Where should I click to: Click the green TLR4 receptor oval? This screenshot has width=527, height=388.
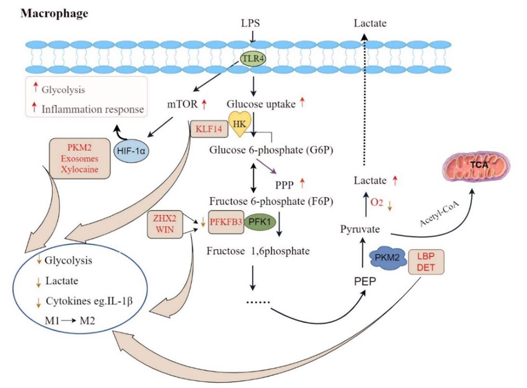(253, 59)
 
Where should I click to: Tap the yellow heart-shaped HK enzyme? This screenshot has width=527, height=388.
(240, 123)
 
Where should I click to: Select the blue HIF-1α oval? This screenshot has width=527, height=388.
(131, 151)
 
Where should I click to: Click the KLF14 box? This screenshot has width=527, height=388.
(209, 129)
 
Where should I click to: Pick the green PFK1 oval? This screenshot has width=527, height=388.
(260, 222)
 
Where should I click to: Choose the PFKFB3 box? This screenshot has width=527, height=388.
(226, 222)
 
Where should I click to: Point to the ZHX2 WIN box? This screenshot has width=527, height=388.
(165, 224)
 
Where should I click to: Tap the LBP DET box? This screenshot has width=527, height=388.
(426, 262)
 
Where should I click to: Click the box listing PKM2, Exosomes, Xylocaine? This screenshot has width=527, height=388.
(80, 158)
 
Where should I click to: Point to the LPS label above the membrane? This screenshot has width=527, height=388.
(250, 23)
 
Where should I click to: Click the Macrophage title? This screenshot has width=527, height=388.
(54, 13)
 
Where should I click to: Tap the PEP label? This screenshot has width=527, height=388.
(365, 281)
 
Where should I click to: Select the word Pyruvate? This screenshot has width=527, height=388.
(360, 229)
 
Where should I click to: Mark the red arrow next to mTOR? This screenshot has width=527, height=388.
(204, 104)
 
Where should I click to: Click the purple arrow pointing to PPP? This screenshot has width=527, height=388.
(266, 166)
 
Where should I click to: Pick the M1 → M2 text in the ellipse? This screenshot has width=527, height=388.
(70, 321)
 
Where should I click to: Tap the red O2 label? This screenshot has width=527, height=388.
(376, 202)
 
